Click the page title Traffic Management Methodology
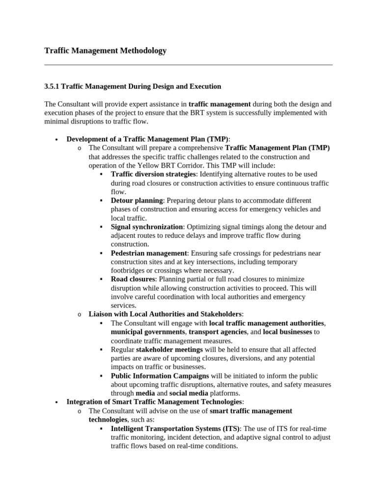pos(105,50)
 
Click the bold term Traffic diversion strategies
pos(153,174)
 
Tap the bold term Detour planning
pos(136,201)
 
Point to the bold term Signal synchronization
pos(147,227)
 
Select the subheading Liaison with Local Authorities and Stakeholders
pos(165,314)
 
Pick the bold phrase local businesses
pos(287,332)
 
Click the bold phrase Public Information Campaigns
pos(160,376)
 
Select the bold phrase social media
pos(188,393)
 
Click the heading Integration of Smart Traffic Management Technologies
pos(154,402)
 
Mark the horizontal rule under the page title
pos(188,65)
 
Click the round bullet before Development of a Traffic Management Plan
pos(57,139)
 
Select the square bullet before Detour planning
pos(101,201)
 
